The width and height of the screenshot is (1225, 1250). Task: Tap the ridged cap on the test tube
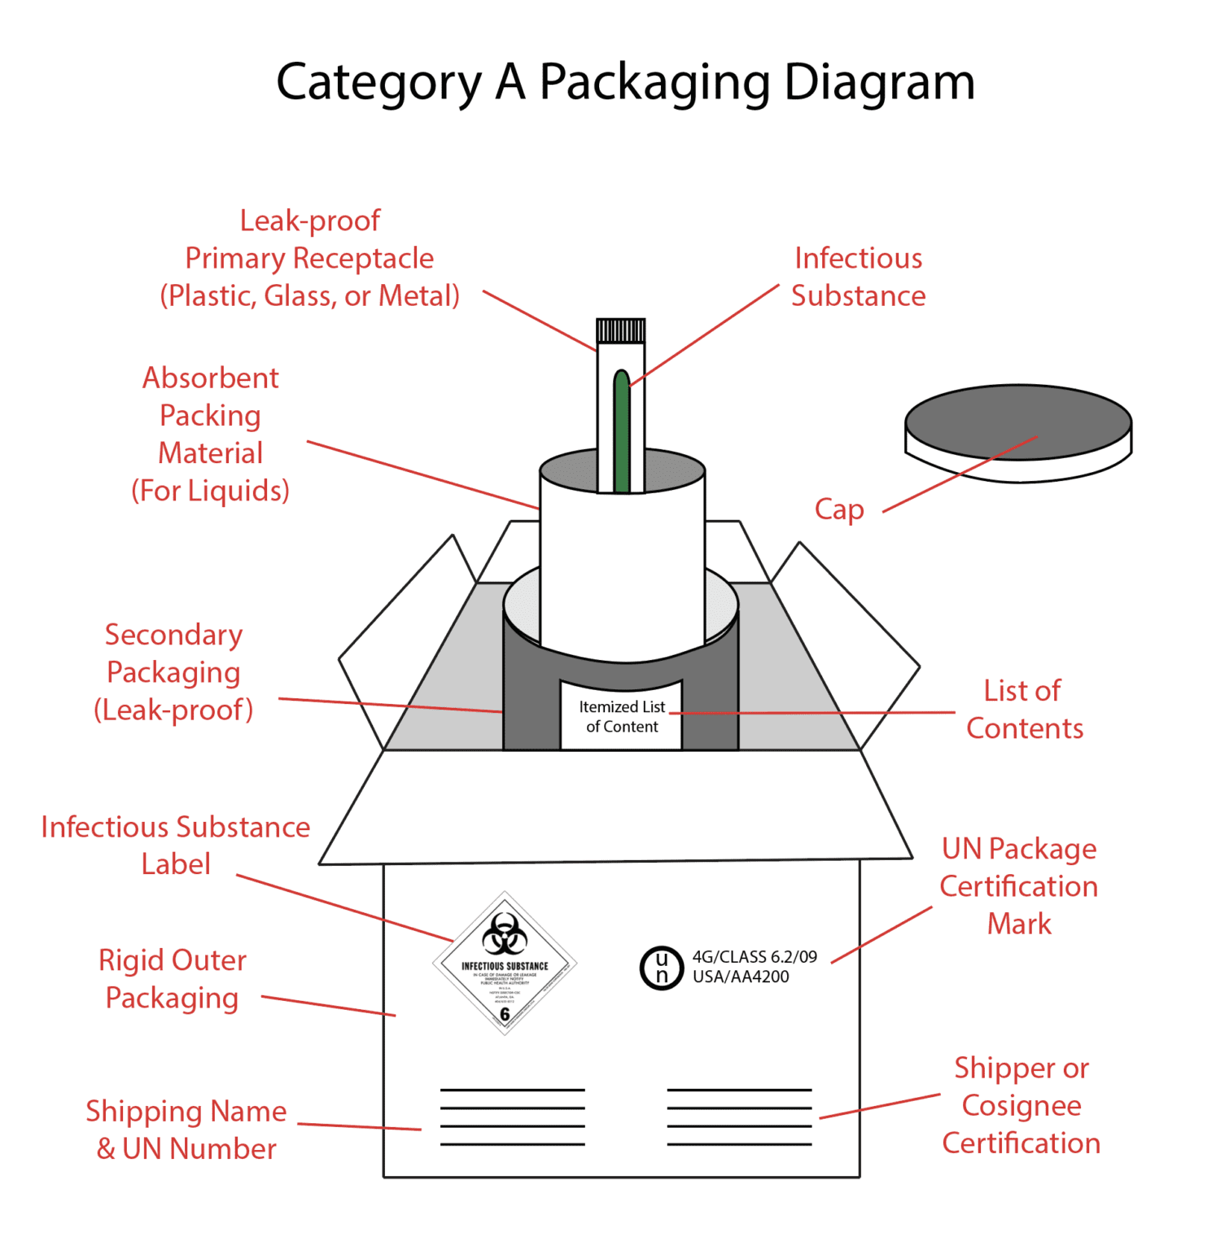click(620, 330)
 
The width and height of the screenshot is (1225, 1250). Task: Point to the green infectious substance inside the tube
click(622, 431)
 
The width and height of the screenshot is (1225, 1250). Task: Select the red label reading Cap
click(839, 509)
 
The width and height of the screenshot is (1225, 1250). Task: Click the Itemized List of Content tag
click(621, 716)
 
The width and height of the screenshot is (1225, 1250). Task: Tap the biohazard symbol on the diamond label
click(505, 933)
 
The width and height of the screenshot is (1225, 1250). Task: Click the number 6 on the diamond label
click(505, 1014)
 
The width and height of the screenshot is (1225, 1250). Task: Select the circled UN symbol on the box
click(661, 967)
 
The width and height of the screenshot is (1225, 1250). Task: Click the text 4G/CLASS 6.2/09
click(755, 957)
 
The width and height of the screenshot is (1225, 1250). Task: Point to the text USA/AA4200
click(741, 977)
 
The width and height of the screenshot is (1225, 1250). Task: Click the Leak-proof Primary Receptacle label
click(310, 258)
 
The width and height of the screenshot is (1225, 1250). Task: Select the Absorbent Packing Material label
click(211, 434)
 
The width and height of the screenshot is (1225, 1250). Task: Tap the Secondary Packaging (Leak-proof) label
click(173, 672)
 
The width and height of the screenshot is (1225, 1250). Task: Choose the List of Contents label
click(1024, 709)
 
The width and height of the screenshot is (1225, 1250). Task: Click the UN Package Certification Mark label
click(1019, 885)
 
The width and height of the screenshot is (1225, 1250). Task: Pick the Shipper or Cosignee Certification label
click(1022, 1105)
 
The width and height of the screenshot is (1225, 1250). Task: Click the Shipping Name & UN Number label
click(186, 1130)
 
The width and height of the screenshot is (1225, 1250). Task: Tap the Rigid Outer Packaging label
click(172, 979)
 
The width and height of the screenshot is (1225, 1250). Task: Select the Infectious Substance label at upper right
click(858, 277)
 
